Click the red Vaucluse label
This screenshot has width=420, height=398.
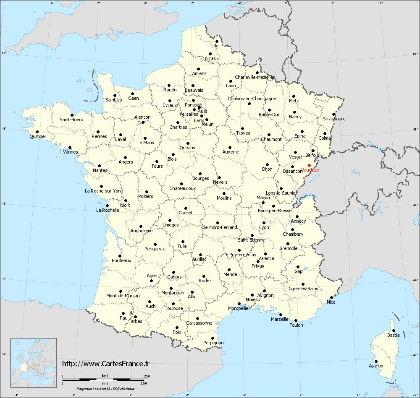coord(310,170)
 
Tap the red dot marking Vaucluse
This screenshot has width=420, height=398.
coord(309,165)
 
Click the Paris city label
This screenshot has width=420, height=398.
coord(203,111)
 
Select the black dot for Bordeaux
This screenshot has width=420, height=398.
coord(120,256)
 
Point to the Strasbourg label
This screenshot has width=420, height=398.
coord(334,119)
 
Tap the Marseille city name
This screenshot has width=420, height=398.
coord(280,319)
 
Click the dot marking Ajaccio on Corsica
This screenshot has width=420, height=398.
coord(376,361)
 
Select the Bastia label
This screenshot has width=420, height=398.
coord(393,336)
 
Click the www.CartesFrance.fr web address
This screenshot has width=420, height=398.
coord(106,364)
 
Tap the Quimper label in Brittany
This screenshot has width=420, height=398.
coord(38,137)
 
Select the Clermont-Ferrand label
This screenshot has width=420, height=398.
coord(219,228)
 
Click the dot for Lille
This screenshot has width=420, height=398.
coord(217,41)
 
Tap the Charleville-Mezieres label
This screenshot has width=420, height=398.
coord(255,77)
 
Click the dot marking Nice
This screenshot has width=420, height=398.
coord(331,297)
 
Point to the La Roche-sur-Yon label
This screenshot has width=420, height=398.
coord(103,191)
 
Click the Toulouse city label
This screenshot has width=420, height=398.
coord(174,308)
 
